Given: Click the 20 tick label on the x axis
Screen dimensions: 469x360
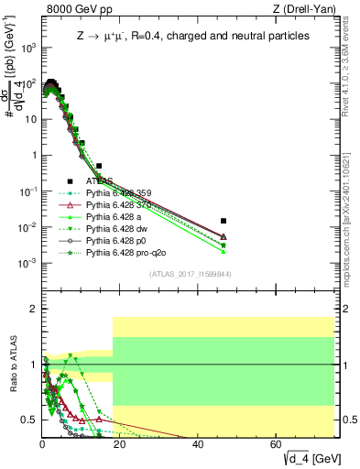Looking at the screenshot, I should click(120, 444).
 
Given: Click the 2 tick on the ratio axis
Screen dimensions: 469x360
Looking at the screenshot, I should click(33, 309).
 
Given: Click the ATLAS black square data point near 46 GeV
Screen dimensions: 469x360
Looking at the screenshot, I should click(223, 221).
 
